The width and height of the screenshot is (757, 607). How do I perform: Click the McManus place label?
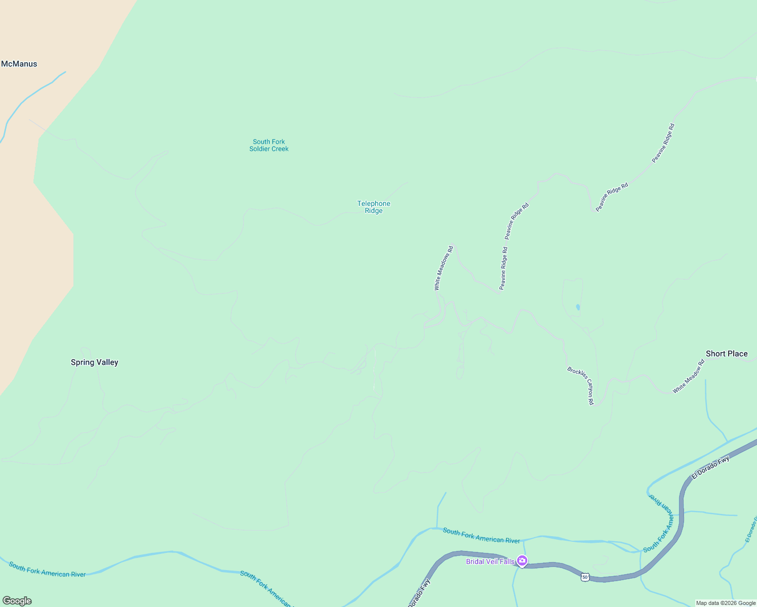tap(19, 64)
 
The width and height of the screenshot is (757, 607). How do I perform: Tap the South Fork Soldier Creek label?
tap(269, 145)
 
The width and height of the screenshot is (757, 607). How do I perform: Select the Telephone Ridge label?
tap(373, 207)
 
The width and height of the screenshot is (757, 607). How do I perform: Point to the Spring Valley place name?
tap(95, 362)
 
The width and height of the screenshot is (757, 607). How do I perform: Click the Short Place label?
tap(727, 354)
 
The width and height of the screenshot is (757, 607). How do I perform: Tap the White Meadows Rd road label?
tap(443, 268)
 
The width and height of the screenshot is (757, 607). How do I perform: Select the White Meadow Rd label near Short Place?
tap(688, 377)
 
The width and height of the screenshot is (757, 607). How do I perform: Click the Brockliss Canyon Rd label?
tap(581, 385)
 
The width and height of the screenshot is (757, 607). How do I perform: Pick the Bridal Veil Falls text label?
tap(490, 561)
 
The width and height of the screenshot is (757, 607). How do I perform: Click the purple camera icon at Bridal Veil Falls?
tap(522, 561)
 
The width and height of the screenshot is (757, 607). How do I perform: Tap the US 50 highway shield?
tap(585, 577)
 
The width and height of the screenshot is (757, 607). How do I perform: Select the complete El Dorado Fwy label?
tap(710, 467)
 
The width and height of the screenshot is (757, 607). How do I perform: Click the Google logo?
tap(17, 601)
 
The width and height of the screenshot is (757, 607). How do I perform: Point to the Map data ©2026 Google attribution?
tap(726, 603)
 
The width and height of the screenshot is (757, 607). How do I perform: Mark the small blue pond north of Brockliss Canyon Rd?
tap(578, 307)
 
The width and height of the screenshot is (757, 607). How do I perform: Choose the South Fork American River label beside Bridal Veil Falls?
tap(481, 536)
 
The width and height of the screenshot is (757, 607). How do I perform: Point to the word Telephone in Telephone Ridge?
tap(373, 203)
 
